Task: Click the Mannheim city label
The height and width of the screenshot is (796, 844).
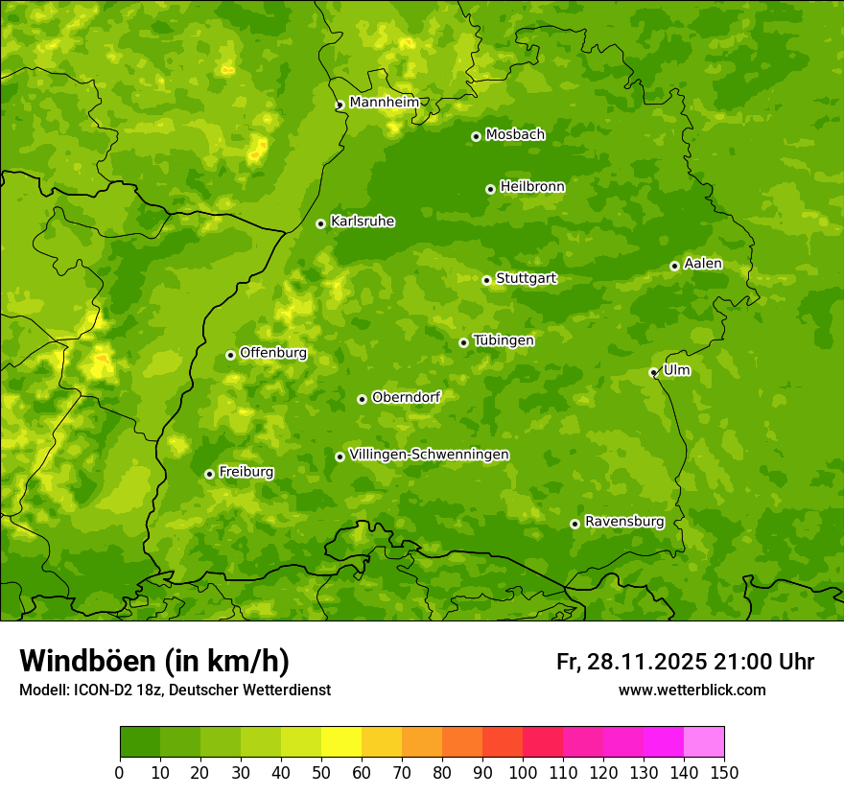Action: tap(384, 103)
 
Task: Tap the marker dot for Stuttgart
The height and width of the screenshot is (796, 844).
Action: tap(486, 280)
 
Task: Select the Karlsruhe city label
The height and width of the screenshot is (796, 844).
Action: tap(362, 222)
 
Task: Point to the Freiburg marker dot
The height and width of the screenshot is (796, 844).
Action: tap(209, 474)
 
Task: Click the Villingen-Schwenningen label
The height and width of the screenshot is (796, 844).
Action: tap(429, 455)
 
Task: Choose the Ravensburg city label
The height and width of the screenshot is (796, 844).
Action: tap(623, 522)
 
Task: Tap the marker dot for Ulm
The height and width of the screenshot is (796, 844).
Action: tap(653, 372)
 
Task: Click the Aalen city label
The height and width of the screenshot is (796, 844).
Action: tap(702, 264)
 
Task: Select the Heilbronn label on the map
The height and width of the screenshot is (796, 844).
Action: tap(532, 187)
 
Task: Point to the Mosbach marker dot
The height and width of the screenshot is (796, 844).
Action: tap(476, 136)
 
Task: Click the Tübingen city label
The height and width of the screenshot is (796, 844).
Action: tap(504, 340)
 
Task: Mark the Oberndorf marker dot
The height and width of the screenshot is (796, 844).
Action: tap(362, 399)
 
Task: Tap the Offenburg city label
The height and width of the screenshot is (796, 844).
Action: tap(273, 353)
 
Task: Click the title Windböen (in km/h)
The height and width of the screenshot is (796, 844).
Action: tap(153, 661)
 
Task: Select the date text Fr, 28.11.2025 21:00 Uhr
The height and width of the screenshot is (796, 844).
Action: tap(685, 662)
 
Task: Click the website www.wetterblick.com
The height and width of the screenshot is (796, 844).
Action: tap(692, 690)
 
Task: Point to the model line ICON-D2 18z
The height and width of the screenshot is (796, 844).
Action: tap(175, 690)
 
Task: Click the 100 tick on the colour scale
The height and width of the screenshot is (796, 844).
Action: tap(523, 772)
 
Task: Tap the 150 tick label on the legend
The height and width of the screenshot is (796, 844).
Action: tap(724, 772)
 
